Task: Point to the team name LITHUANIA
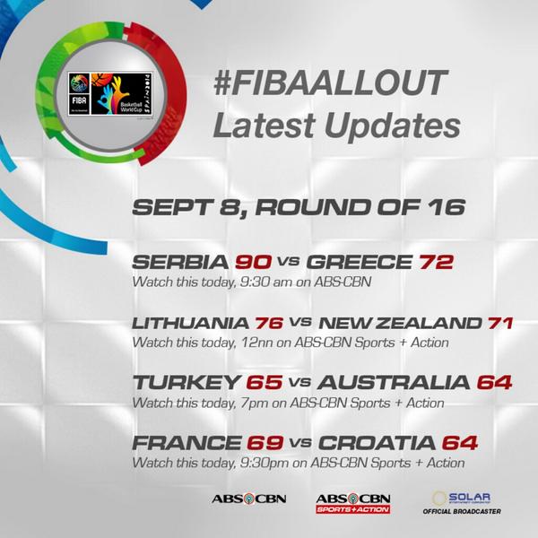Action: [183, 323]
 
